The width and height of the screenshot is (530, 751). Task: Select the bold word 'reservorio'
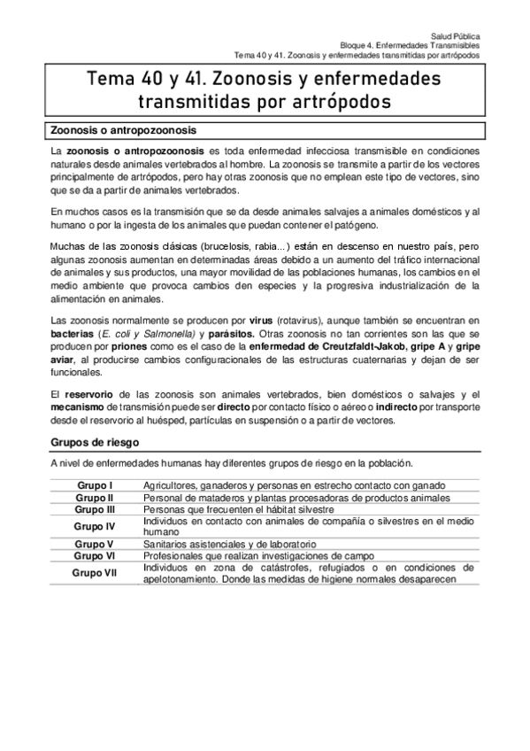93,392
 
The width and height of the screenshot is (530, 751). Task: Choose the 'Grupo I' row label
95,485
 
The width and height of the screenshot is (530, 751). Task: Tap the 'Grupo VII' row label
95,573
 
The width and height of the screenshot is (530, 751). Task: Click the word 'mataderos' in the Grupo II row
216,499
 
